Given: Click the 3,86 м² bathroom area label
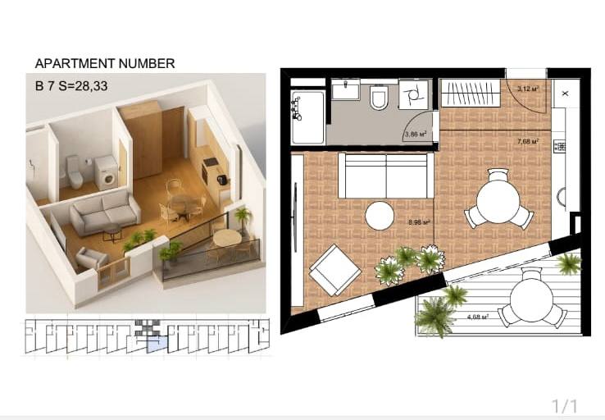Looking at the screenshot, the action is pyautogui.click(x=416, y=135).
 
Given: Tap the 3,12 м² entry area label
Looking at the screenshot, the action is pyautogui.click(x=528, y=89).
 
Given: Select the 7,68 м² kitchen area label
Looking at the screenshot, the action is pyautogui.click(x=528, y=142).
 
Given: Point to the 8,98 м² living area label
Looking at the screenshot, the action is pyautogui.click(x=419, y=222).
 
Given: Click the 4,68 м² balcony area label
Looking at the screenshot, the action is pyautogui.click(x=478, y=317).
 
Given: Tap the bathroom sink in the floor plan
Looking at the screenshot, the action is pyautogui.click(x=346, y=89).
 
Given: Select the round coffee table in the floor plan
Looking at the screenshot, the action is pyautogui.click(x=380, y=217).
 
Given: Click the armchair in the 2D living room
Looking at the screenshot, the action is pyautogui.click(x=335, y=270).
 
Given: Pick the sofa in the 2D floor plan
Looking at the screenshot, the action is pyautogui.click(x=386, y=176).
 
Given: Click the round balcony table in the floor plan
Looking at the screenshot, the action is pyautogui.click(x=531, y=300).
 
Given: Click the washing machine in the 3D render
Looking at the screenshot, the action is pyautogui.click(x=107, y=173).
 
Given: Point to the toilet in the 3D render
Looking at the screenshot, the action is pyautogui.click(x=74, y=171).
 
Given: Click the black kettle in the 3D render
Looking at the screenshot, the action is pyautogui.click(x=221, y=180).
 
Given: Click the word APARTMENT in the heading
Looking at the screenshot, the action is pyautogui.click(x=75, y=63).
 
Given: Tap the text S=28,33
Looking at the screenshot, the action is pyautogui.click(x=83, y=85).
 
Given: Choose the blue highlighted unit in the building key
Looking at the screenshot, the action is pyautogui.click(x=157, y=345).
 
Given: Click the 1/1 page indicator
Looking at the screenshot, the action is pyautogui.click(x=565, y=407).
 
